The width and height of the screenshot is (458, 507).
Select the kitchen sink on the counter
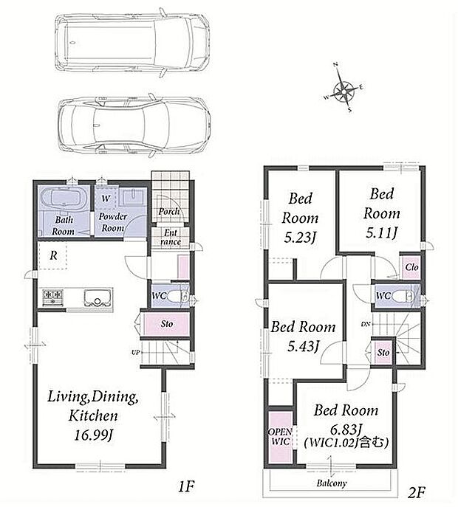tap(98, 298)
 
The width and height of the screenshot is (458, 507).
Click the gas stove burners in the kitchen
tap(52, 298)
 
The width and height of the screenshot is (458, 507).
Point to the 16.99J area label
tap(93, 435)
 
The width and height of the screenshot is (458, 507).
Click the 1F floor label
tap(186, 486)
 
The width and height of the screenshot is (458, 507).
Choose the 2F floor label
tap(416, 492)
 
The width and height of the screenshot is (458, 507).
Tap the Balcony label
tap(332, 483)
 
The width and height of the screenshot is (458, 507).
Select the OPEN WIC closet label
tap(280, 436)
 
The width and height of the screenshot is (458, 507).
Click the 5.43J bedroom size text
tap(304, 346)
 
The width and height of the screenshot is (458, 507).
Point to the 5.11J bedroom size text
tap(381, 232)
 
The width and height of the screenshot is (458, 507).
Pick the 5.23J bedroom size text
tap(300, 238)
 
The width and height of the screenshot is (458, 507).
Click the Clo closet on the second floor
tap(411, 267)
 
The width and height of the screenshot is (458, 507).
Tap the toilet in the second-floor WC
tap(403, 296)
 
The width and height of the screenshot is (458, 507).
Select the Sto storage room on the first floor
tap(166, 324)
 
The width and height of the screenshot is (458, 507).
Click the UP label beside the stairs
tap(136, 353)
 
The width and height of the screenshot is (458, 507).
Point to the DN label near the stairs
tap(366, 324)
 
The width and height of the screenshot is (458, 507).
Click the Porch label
tap(168, 212)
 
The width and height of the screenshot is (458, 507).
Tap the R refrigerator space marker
tap(53, 255)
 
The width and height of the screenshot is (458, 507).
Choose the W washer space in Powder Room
tap(106, 199)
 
